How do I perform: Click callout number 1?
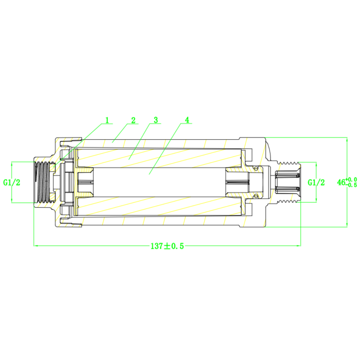click(107, 120)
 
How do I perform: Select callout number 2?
click(133, 120)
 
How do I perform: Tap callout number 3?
click(156, 120)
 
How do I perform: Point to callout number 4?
click(187, 120)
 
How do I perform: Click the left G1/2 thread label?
click(12, 182)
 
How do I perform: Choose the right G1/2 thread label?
click(316, 182)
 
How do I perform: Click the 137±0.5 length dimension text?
click(167, 246)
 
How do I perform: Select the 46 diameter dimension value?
click(341, 182)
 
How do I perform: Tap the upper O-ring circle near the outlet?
click(256, 168)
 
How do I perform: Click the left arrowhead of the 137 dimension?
click(36, 246)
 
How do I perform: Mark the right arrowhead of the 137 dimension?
click(299, 246)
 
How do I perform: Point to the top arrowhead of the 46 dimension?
click(347, 139)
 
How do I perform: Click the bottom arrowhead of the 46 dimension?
click(347, 225)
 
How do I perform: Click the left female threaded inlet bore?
click(42, 182)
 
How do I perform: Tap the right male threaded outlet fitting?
click(288, 182)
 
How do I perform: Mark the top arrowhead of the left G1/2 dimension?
click(12, 164)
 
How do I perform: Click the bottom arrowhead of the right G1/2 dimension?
click(316, 200)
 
